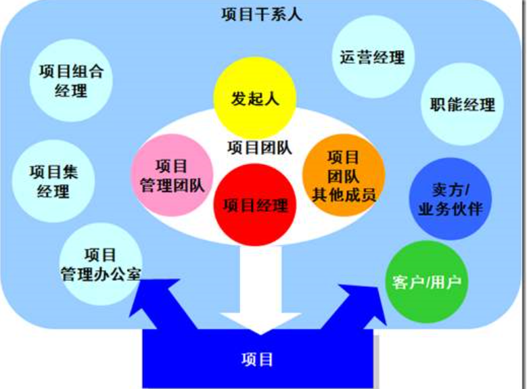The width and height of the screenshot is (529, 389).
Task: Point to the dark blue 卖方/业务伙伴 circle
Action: click(x=451, y=200)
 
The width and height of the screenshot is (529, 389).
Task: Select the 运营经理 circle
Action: click(x=373, y=58)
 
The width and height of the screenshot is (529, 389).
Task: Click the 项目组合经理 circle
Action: click(x=71, y=81)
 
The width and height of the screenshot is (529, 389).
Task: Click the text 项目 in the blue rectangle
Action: click(x=257, y=359)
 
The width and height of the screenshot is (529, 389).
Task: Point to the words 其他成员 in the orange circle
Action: click(x=344, y=196)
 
